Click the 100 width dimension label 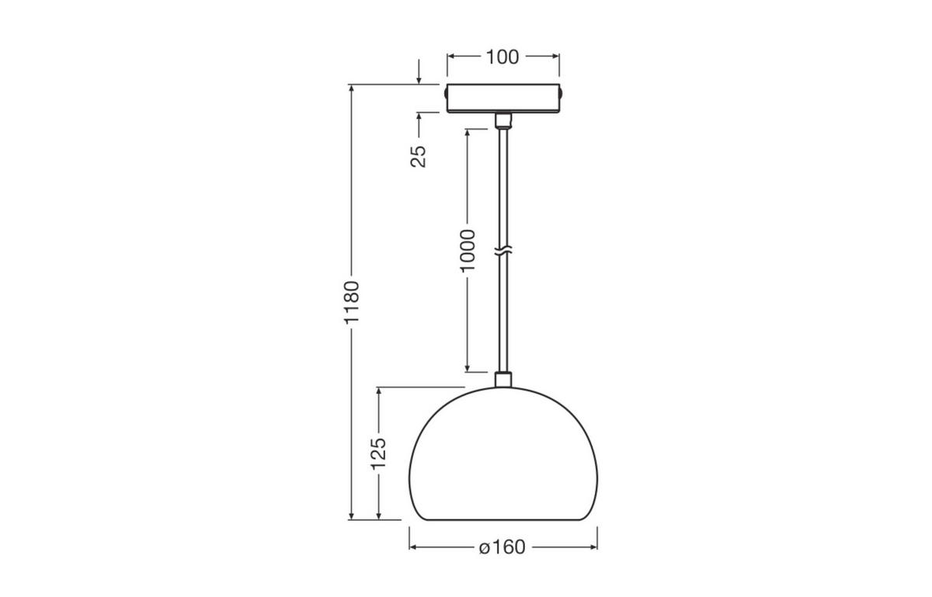(503, 57)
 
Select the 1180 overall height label (352, 302)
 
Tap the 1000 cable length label (467, 250)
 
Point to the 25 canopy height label (419, 155)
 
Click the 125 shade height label (378, 453)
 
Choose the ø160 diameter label (503, 547)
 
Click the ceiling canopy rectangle (503, 98)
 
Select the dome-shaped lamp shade (503, 458)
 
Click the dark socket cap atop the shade (503, 380)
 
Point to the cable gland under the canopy (503, 120)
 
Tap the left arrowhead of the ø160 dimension (413, 547)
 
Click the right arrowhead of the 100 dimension (555, 57)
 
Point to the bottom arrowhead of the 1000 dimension (467, 367)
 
